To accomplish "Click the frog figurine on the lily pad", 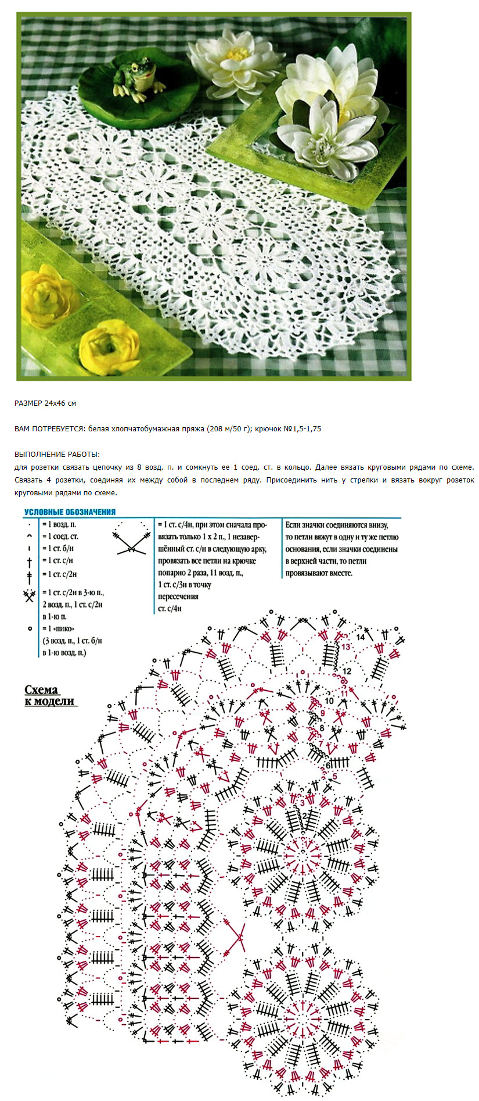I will (x=138, y=77).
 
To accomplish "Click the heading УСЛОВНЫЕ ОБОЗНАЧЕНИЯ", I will (x=70, y=512).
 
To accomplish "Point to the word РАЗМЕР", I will (x=28, y=403).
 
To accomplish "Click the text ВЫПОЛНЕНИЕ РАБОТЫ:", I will (x=57, y=454).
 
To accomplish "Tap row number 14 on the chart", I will (x=361, y=637).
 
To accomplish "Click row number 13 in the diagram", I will (x=345, y=647).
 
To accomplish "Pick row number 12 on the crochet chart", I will (x=347, y=671).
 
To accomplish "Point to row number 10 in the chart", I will (x=329, y=701).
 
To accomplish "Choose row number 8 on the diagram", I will (x=321, y=728).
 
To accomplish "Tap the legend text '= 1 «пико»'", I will (x=59, y=628).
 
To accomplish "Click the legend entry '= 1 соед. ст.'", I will (x=60, y=536).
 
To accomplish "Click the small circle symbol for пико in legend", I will (x=30, y=628).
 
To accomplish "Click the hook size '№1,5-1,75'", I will (x=303, y=429).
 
